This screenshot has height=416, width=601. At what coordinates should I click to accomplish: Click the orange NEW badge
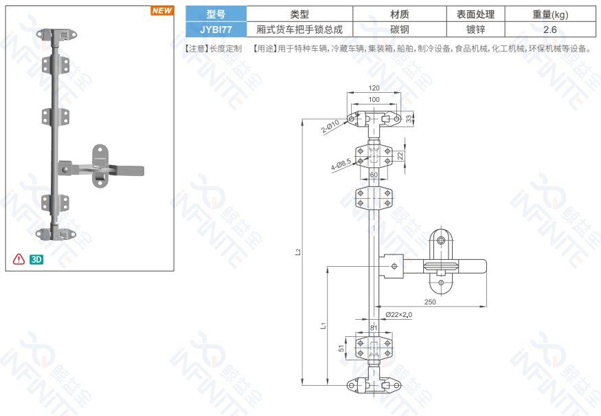(x=162, y=10)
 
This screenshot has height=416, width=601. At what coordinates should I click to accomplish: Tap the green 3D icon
(x=37, y=259)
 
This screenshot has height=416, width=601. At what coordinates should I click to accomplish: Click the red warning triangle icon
(x=19, y=259)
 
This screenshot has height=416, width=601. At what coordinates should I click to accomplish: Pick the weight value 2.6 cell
(x=549, y=30)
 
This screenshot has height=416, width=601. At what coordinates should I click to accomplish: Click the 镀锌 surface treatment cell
(x=475, y=30)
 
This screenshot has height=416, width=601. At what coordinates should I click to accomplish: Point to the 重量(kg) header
(x=549, y=14)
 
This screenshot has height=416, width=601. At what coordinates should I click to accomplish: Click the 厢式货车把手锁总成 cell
(x=299, y=30)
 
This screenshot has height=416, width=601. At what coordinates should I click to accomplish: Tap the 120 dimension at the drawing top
(x=374, y=89)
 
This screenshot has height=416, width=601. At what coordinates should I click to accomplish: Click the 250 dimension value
(x=430, y=302)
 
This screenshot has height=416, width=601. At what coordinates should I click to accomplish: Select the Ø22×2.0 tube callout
(x=399, y=314)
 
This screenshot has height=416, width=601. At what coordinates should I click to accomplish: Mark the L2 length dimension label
(x=298, y=252)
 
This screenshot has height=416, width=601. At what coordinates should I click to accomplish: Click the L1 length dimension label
(x=323, y=325)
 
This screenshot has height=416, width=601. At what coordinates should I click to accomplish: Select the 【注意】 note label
(x=196, y=49)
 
